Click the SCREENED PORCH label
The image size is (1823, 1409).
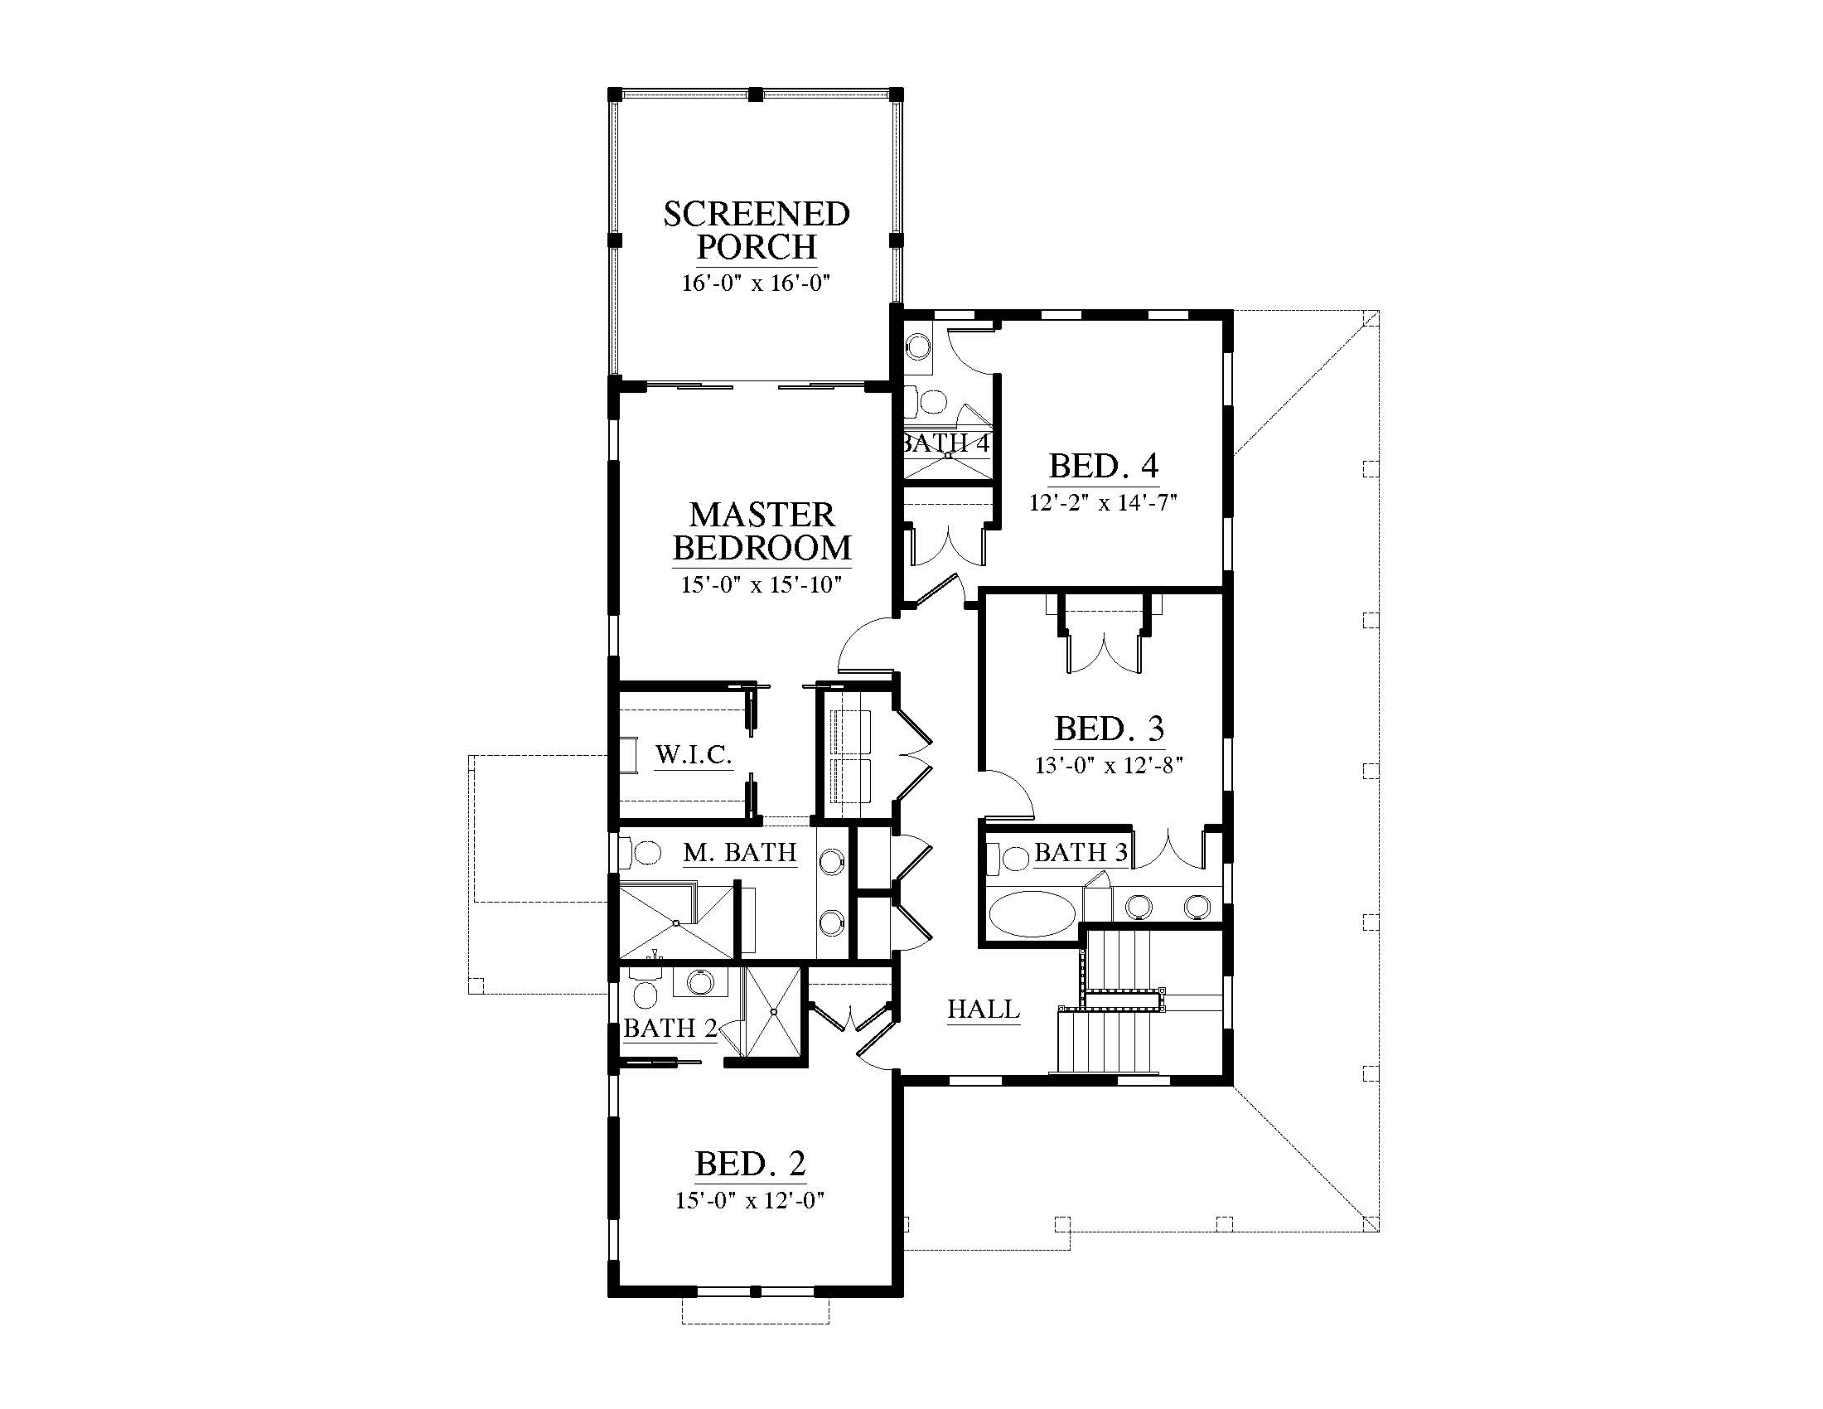pos(757,230)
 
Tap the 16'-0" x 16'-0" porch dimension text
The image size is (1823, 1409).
pos(757,283)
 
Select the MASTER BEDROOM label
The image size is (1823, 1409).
pos(762,531)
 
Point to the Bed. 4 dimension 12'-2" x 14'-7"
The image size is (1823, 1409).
pos(1103,502)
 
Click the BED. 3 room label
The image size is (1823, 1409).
pos(1110,729)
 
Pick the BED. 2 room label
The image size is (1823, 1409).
pos(751,1163)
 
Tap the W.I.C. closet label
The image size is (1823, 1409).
pos(694,754)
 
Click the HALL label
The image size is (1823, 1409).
pos(984,1009)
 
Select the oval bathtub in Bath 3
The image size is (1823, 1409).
pos(1031,914)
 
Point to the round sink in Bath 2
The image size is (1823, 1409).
pos(699,981)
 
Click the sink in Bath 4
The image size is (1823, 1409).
pos(919,346)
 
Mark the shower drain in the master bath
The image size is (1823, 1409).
pos(675,922)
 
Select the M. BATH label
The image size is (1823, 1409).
pos(739,852)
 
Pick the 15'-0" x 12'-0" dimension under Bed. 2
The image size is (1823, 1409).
pos(751,1200)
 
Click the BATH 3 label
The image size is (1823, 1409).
pos(1081,852)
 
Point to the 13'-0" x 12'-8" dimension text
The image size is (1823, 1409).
pos(1110,765)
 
